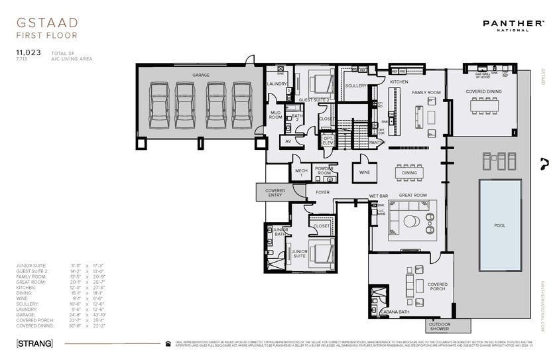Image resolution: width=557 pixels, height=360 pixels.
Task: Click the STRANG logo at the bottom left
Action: (34, 343)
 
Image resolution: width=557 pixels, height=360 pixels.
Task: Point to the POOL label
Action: (499, 225)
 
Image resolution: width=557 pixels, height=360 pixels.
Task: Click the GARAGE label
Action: (201, 75)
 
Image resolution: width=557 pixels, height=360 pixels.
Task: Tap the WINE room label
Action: (365, 172)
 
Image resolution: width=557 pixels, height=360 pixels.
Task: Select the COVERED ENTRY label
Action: (275, 192)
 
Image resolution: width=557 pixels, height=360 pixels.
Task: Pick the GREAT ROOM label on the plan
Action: (412, 196)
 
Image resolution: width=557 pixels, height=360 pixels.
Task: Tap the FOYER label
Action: (322, 192)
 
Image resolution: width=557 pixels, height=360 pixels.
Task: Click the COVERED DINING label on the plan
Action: (483, 91)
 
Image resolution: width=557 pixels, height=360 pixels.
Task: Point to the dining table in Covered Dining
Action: (484, 106)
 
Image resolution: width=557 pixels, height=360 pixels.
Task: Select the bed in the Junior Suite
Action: (319, 253)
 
